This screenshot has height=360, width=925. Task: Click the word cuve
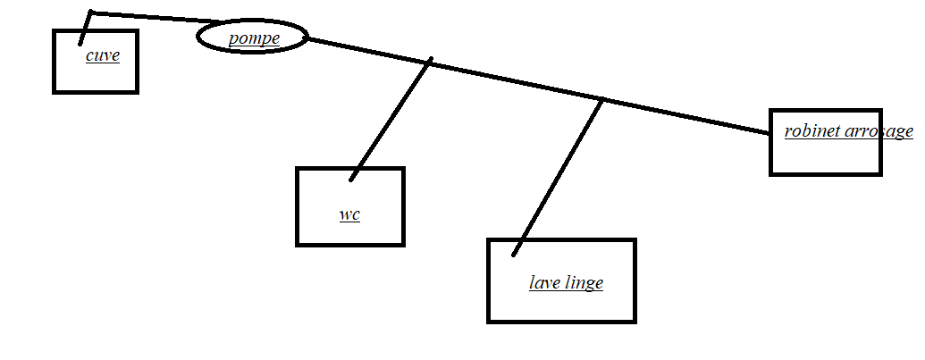(x=103, y=56)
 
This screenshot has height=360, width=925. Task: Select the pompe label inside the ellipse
(x=253, y=38)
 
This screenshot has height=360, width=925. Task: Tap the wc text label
(x=349, y=214)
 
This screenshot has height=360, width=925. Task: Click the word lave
(x=544, y=283)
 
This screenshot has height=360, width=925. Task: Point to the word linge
(x=584, y=284)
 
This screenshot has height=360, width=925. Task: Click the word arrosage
(x=879, y=131)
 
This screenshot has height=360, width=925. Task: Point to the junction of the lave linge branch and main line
(x=602, y=99)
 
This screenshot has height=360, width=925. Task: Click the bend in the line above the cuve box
(x=91, y=13)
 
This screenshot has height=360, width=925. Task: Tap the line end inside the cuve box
(x=80, y=42)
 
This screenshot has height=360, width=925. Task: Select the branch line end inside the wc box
(x=352, y=179)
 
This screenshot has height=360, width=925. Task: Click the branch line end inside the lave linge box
(x=514, y=255)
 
